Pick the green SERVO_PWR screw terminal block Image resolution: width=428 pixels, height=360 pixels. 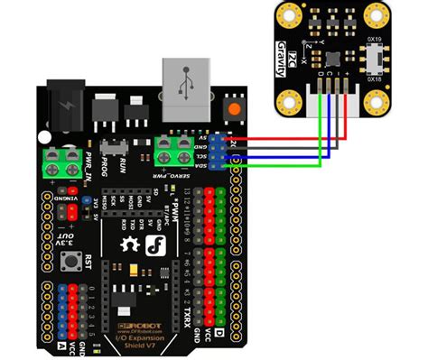coord(172,150)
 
